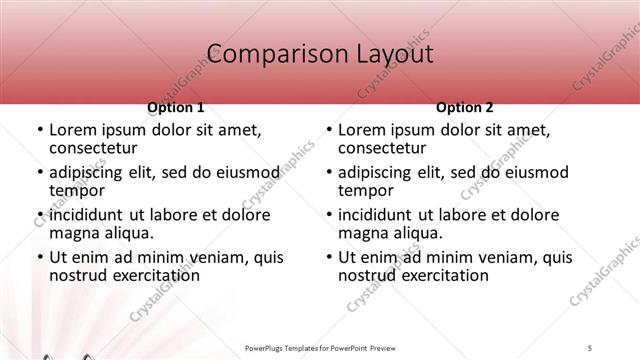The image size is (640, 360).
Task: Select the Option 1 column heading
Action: pos(176,107)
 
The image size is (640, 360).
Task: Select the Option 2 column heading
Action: pos(465,107)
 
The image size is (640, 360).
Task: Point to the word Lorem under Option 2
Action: pos(361,130)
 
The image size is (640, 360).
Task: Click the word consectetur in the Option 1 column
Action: pos(97,149)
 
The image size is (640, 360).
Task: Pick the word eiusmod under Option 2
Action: pos(535,172)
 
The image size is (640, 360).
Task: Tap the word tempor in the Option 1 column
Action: pos(76,191)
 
